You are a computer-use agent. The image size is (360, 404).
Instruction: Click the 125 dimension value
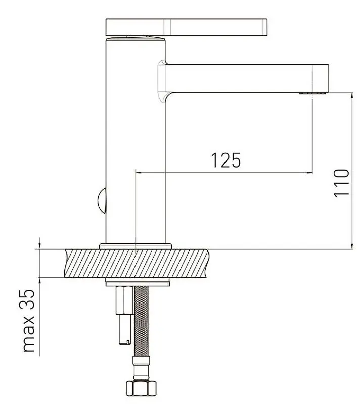(226, 160)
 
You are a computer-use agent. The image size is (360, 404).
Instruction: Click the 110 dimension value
(341, 183)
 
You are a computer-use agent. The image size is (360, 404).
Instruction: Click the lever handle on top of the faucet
(187, 27)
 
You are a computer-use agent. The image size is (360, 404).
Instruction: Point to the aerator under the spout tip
(312, 93)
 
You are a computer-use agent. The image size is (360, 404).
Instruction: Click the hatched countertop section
(136, 263)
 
